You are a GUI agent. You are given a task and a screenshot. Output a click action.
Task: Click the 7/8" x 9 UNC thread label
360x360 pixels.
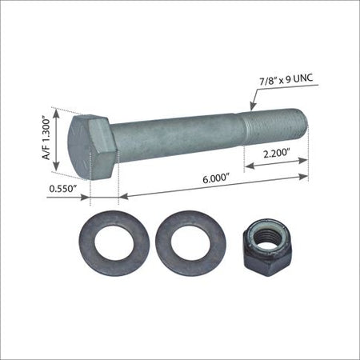[x=286, y=80]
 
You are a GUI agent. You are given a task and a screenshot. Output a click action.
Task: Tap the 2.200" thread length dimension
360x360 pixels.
[x=277, y=154]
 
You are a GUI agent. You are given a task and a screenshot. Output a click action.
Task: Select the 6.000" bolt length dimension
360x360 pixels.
[x=216, y=178]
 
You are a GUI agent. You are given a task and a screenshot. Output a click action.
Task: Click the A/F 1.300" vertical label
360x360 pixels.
[x=46, y=138]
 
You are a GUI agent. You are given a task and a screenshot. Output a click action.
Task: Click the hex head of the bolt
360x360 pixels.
[x=92, y=147]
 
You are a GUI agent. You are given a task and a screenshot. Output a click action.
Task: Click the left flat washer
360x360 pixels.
[x=114, y=243]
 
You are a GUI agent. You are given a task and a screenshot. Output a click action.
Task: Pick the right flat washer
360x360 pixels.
[x=190, y=243]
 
